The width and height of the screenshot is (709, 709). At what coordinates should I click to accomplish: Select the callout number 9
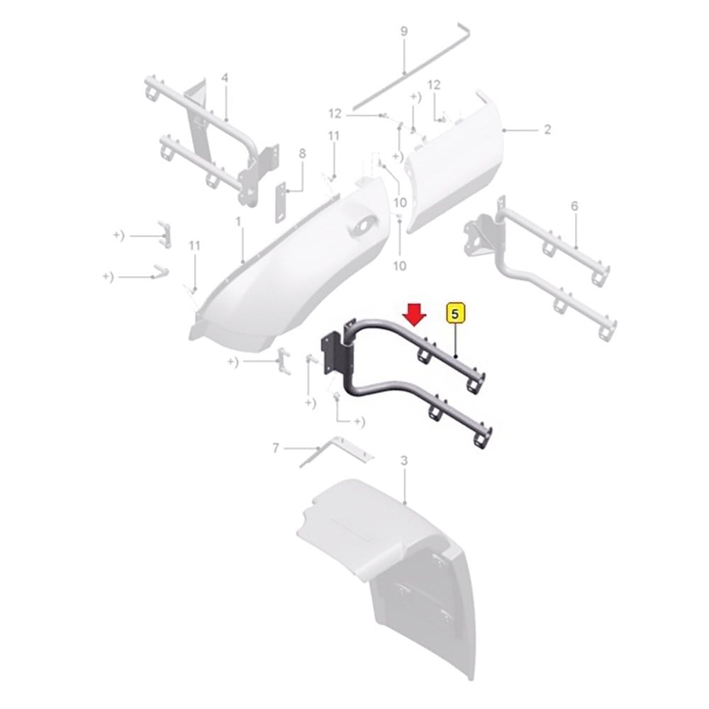point(404,31)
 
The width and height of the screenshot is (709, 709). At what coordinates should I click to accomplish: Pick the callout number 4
point(225,78)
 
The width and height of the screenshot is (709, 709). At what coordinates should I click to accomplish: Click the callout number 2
point(547,130)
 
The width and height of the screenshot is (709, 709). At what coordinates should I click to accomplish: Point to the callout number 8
point(302,154)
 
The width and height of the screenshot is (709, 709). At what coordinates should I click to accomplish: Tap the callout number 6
point(574,206)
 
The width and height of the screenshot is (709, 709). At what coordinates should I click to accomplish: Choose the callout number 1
point(238,221)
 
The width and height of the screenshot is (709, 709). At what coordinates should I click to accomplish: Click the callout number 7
point(275,448)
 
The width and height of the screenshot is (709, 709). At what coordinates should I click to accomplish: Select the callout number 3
point(404,461)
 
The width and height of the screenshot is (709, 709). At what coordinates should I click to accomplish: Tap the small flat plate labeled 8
point(281,202)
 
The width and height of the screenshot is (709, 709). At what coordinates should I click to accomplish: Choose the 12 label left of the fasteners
point(335,113)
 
